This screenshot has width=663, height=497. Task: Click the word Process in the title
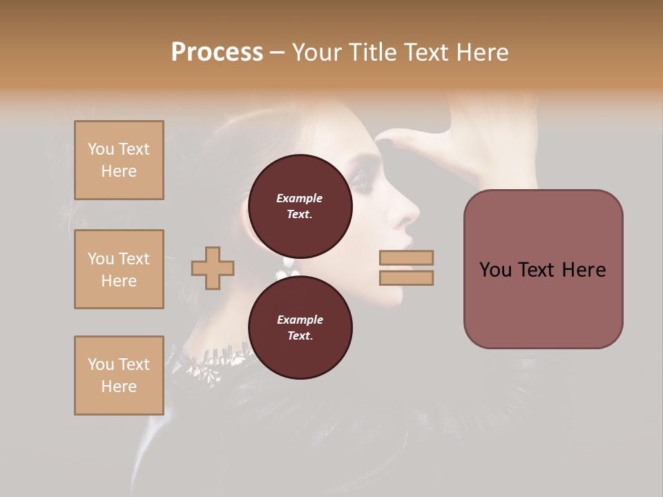click(x=217, y=52)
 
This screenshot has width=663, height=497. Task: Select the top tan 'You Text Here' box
click(x=119, y=160)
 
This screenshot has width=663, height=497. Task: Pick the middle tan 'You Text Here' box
click(x=119, y=269)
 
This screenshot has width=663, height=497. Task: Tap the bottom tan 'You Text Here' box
click(x=119, y=375)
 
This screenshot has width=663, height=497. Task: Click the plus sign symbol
click(x=213, y=269)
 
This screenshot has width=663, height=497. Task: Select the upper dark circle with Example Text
click(x=300, y=206)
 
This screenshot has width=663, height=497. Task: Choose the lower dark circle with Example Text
click(x=300, y=328)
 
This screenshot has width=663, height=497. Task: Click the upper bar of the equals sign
click(x=406, y=258)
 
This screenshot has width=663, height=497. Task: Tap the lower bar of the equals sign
click(x=406, y=277)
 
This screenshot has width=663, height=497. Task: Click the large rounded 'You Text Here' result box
click(x=543, y=269)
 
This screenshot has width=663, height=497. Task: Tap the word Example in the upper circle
click(x=300, y=198)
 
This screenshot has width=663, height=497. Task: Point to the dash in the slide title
click(x=277, y=52)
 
